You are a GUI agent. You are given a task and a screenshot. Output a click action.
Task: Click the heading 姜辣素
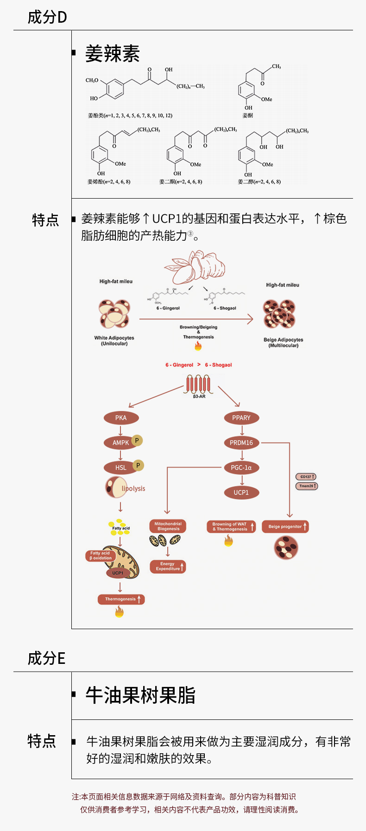tap(113, 54)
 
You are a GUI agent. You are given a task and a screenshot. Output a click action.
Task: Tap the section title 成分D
tap(47, 18)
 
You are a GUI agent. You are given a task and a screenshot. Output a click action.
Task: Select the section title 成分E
tap(46, 658)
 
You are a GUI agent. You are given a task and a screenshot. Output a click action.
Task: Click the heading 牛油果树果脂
tap(140, 695)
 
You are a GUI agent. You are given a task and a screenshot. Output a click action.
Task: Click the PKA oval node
tap(121, 418)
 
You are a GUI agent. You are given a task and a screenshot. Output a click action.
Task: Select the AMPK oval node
tap(120, 443)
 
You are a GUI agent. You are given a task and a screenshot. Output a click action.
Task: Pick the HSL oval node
tap(120, 468)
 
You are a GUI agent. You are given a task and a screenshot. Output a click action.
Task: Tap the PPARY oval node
tap(241, 418)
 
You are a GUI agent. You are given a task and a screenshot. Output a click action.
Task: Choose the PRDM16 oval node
tap(241, 443)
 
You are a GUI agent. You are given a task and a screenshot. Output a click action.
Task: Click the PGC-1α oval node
tap(241, 468)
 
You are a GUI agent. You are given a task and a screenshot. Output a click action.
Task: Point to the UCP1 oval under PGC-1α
tap(241, 493)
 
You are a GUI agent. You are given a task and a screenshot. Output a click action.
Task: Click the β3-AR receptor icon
tap(199, 385)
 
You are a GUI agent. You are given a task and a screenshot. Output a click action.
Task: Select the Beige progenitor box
tap(285, 526)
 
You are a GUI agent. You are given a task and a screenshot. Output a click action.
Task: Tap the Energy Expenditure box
tap(168, 566)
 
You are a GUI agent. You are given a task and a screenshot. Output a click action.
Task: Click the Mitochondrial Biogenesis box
tap(168, 526)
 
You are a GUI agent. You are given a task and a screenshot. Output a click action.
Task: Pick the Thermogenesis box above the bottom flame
tap(121, 599)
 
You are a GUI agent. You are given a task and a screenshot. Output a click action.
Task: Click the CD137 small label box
tap(306, 476)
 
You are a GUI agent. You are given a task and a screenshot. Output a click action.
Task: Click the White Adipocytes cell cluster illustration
tap(114, 313)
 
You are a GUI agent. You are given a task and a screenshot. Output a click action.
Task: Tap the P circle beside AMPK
tap(137, 440)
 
